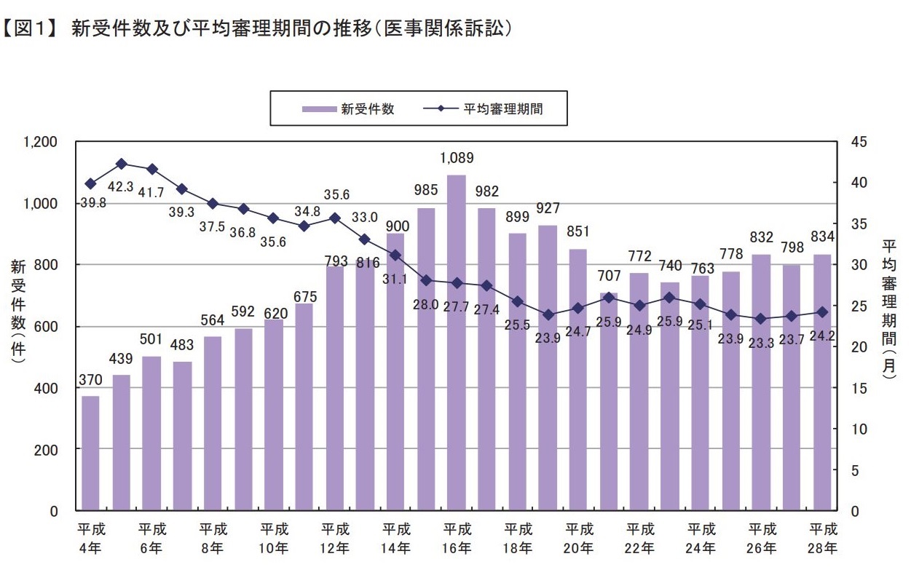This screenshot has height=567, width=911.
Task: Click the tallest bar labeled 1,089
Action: (457, 342)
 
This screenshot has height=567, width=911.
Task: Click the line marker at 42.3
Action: (122, 164)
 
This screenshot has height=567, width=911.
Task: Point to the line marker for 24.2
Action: (822, 312)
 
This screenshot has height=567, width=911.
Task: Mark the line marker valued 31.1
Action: (395, 255)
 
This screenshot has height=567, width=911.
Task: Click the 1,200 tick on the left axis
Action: (42, 142)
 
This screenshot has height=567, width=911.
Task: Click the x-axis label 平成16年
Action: (457, 538)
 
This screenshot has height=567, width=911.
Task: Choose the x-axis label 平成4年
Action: (90, 538)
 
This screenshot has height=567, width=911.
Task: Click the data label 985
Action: (426, 190)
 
